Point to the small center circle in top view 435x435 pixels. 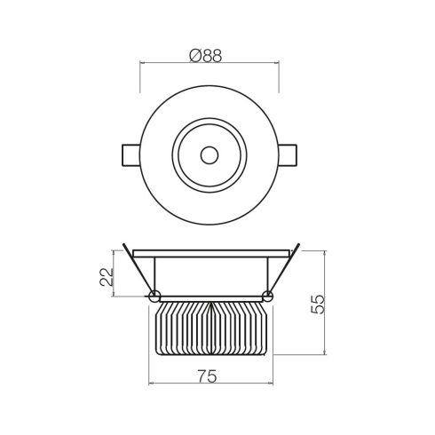[210, 154]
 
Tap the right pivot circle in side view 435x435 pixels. [268, 296]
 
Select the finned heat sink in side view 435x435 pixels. [210, 328]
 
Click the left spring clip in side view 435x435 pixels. [138, 266]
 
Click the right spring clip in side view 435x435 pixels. [284, 266]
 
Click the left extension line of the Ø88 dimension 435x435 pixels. [142, 75]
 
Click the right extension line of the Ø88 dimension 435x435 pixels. [279, 75]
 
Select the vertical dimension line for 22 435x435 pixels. [120, 275]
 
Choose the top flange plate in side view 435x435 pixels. [210, 249]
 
